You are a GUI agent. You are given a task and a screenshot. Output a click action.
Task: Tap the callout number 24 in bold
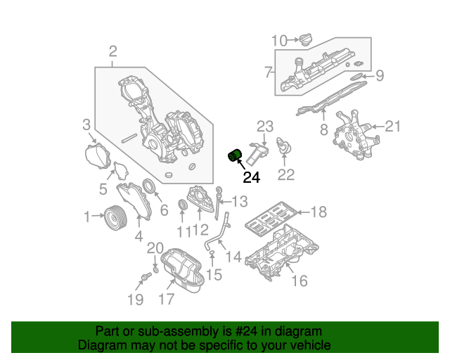pos(251,178)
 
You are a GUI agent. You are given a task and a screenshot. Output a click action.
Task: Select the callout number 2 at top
pos(112,50)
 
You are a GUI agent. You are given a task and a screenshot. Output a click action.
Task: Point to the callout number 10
pos(279,41)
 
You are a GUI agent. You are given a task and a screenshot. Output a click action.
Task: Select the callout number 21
pos(392,127)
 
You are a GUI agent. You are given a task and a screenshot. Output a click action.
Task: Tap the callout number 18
pos(319,212)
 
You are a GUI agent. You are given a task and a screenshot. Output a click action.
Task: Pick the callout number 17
pos(166,299)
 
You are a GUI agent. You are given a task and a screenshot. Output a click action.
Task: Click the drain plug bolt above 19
pos(146,279)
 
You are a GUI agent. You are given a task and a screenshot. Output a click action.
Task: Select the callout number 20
pos(154,247)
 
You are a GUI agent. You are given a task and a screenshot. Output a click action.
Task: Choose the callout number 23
pos(264,127)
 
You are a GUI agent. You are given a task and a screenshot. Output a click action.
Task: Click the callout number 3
pos(86,125)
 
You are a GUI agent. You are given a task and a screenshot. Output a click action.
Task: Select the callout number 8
pos(324,129)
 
